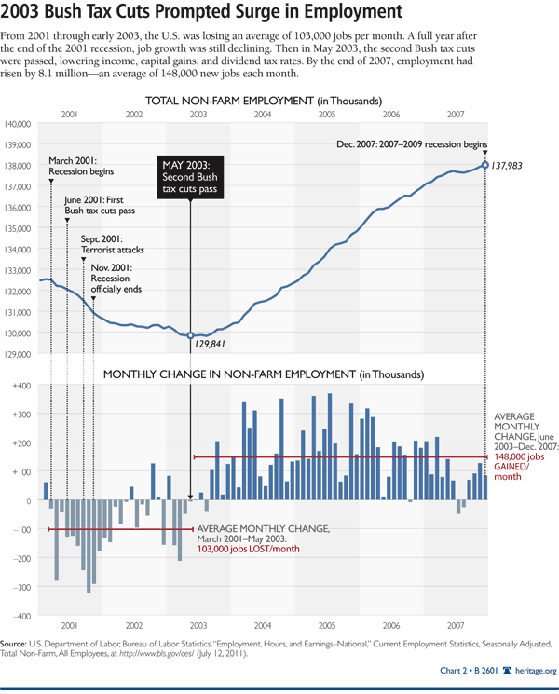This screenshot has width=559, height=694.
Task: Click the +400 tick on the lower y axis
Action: pos(20,385)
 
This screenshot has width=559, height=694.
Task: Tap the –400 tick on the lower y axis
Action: pos(20,616)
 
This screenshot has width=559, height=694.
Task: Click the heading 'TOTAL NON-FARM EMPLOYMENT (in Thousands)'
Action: pos(264,100)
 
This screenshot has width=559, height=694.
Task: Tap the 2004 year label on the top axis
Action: pos(263,114)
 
